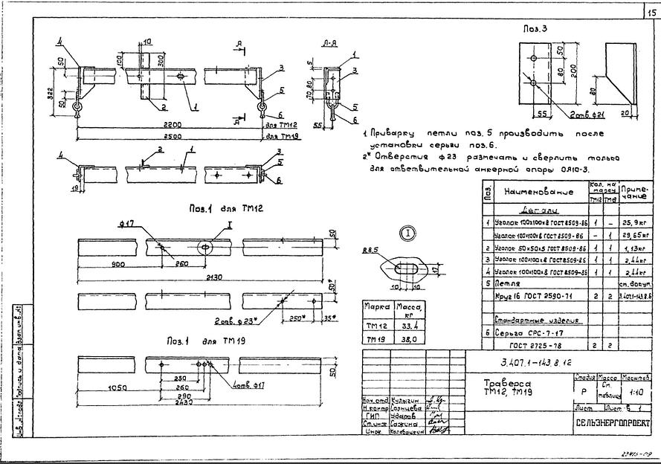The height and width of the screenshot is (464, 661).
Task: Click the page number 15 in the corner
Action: tap(651, 12)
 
